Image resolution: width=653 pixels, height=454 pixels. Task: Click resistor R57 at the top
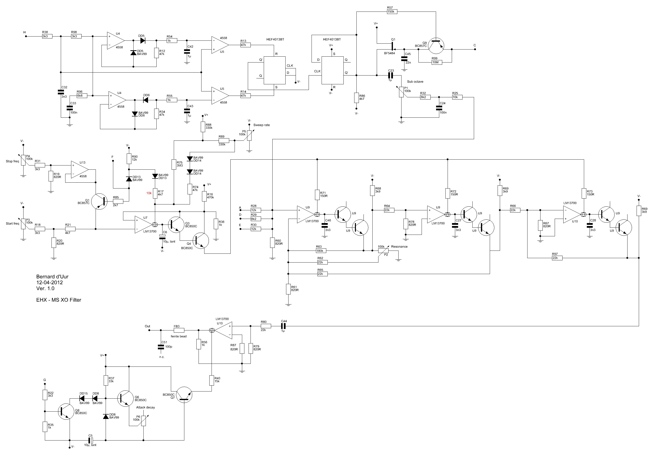pyautogui.click(x=392, y=12)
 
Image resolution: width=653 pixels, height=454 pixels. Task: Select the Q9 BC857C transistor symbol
pyautogui.click(x=436, y=46)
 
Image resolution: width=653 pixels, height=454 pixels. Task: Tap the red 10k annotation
pyautogui.click(x=149, y=193)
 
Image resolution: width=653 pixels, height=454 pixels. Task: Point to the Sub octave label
pyautogui.click(x=415, y=82)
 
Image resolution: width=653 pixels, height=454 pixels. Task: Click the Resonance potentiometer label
pyautogui.click(x=399, y=247)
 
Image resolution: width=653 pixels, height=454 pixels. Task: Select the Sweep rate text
pyautogui.click(x=261, y=125)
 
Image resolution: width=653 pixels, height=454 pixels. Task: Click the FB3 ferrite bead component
pyautogui.click(x=179, y=330)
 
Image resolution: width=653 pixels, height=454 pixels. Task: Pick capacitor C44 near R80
pyautogui.click(x=283, y=326)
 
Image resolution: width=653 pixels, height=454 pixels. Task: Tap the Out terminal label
pyautogui.click(x=147, y=326)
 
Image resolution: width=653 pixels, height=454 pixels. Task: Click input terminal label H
pyautogui.click(x=25, y=32)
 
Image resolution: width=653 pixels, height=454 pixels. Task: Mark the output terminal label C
pyautogui.click(x=474, y=46)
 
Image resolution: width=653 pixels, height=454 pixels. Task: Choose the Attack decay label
pyautogui.click(x=145, y=407)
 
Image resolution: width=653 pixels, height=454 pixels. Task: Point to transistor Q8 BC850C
pyautogui.click(x=66, y=411)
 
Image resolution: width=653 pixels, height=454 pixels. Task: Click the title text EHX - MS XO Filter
pyautogui.click(x=59, y=300)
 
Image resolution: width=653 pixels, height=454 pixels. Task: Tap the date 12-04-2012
pyautogui.click(x=50, y=282)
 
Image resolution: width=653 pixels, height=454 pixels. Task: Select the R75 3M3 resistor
pyautogui.click(x=174, y=164)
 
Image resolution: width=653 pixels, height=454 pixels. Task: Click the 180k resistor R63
pyautogui.click(x=321, y=251)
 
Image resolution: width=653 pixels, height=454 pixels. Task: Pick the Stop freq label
pyautogui.click(x=12, y=161)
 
